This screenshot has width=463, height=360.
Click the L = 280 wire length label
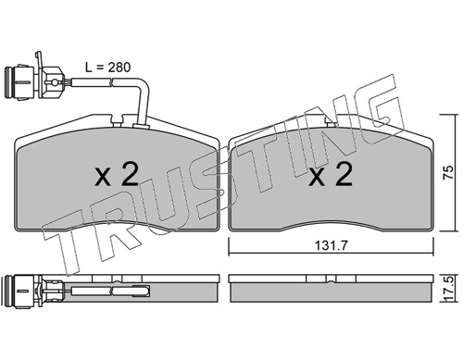coord(108,68)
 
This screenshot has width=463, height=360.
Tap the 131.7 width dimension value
coord(332,245)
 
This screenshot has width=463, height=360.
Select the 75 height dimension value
coord(448,173)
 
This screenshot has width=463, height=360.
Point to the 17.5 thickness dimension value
coord(449,289)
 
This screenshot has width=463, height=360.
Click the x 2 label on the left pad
coord(117,175)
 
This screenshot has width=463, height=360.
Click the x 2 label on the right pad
coord(331,175)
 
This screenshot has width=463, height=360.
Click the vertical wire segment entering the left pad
coord(144,105)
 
